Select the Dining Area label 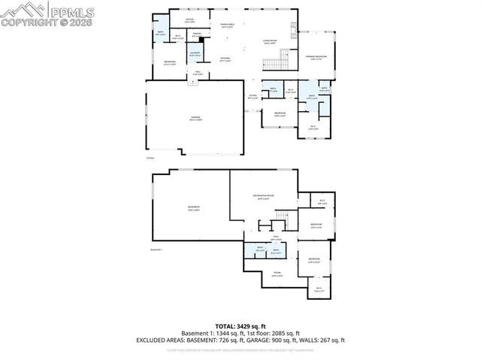click(227, 26)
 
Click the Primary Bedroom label click(316, 57)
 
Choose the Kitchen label click(225, 58)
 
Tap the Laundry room click(194, 53)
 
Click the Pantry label click(195, 34)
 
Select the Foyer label click(253, 96)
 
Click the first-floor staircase click(284, 57)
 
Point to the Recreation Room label click(262, 197)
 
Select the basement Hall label click(265, 238)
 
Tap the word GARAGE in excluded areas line click(253, 340)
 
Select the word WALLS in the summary click(308, 340)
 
